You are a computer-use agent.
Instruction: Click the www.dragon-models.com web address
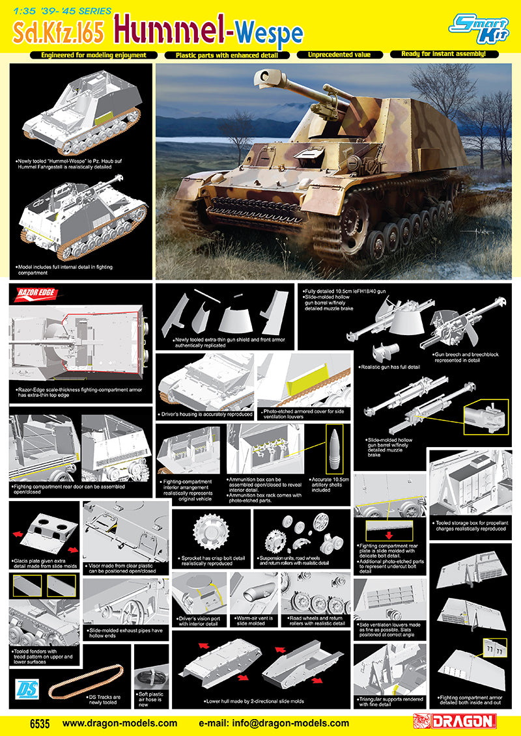click(119, 722)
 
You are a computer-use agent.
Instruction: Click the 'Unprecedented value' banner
click(339, 55)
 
